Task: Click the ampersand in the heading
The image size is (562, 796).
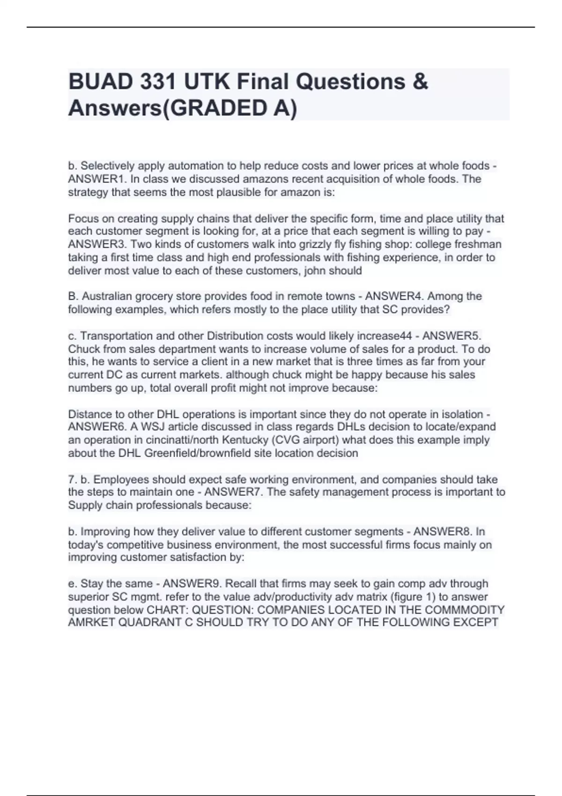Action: point(421,81)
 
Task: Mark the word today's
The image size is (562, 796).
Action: point(83,545)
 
